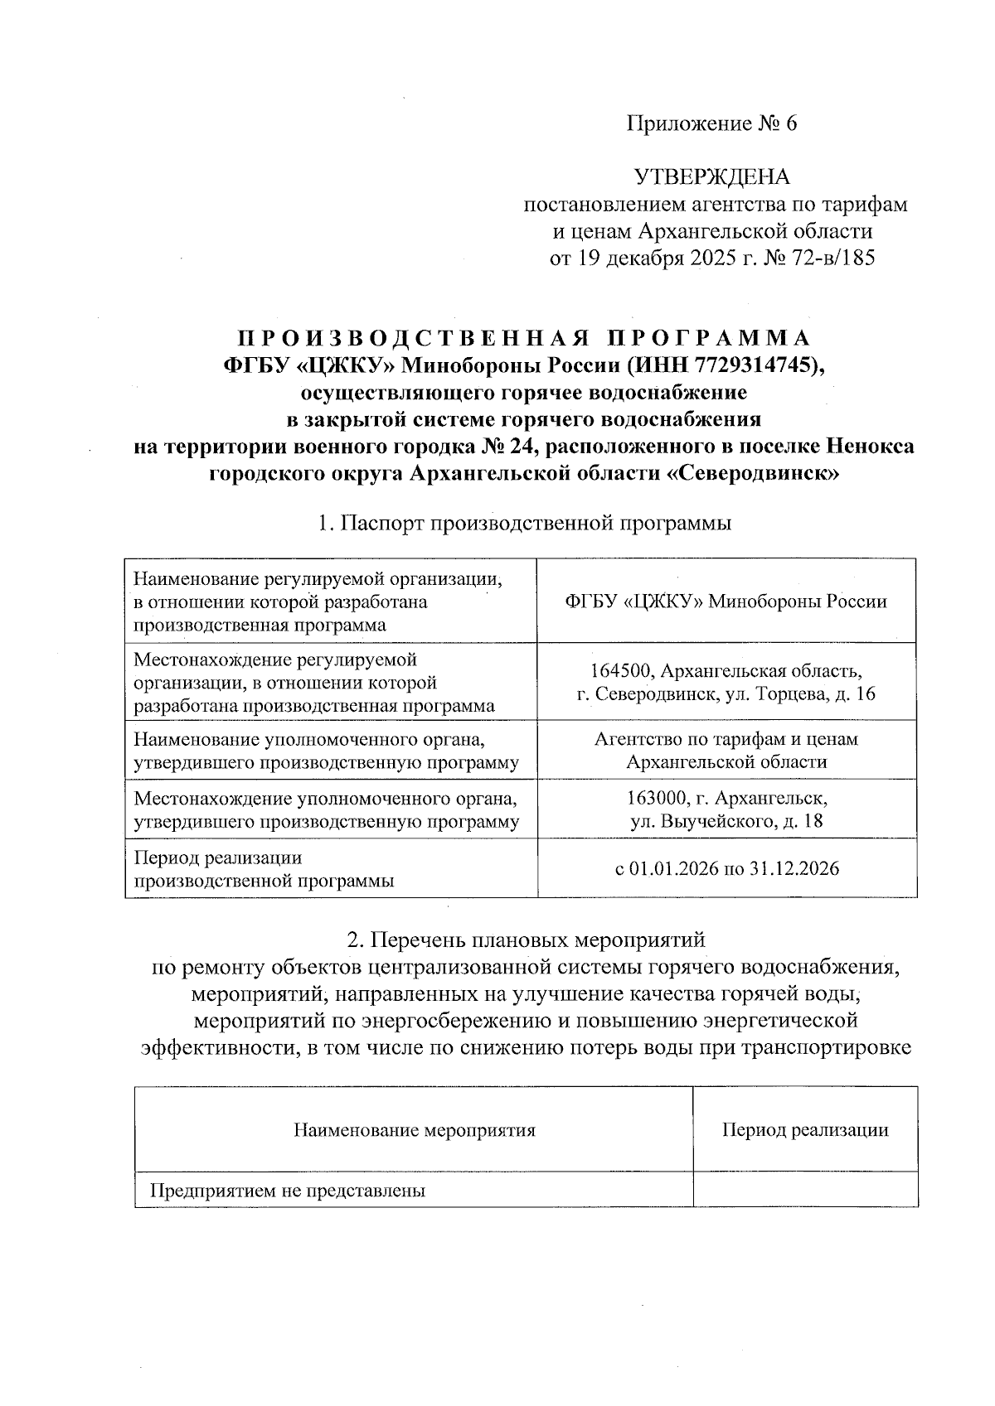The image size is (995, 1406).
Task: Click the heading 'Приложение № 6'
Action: [711, 124]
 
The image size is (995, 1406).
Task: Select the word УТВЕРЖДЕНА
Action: [711, 177]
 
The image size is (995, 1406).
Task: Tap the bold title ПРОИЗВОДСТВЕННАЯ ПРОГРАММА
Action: [524, 339]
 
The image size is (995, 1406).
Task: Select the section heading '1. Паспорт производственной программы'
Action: [524, 524]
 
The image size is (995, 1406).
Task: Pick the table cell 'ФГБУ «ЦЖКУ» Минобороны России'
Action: [726, 602]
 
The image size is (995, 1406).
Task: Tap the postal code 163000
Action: [656, 799]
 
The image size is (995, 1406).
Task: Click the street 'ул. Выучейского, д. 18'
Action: [726, 822]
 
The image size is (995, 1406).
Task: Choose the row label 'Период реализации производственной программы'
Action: [264, 869]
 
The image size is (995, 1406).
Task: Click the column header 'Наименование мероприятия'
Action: [414, 1130]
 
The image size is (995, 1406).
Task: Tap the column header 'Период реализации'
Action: [805, 1130]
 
